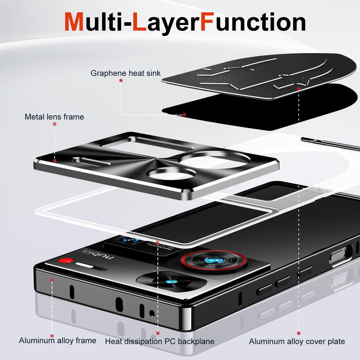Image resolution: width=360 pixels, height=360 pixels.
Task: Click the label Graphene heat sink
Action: [126, 73]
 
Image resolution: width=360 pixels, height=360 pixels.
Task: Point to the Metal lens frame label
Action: [54, 117]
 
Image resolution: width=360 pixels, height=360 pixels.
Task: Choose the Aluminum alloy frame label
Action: [57, 340]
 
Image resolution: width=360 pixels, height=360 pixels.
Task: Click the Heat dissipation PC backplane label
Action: [160, 341]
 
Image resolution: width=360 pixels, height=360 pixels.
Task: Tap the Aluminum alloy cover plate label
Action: [297, 341]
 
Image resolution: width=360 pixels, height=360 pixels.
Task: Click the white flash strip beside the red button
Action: [87, 266]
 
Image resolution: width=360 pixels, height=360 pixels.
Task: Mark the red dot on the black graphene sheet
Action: [184, 114]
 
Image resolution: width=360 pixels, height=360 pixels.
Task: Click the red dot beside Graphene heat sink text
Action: [121, 81]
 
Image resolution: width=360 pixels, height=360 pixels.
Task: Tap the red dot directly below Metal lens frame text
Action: [54, 124]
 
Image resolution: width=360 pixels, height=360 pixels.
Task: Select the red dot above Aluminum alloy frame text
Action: [52, 336]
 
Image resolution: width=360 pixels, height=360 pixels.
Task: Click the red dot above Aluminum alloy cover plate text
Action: [298, 333]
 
